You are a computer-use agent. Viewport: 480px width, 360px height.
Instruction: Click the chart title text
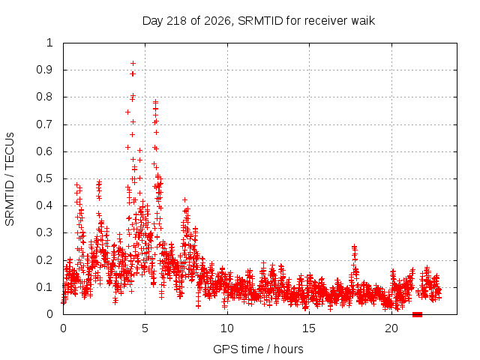click(259, 21)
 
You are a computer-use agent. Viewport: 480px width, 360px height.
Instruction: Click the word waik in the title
click(363, 21)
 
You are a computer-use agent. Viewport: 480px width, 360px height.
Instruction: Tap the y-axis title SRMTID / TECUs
click(10, 179)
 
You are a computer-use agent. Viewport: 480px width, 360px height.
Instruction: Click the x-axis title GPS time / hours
click(258, 349)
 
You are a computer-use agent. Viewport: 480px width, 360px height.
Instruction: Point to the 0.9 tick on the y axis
click(45, 70)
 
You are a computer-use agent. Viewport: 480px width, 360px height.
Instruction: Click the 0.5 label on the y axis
click(45, 178)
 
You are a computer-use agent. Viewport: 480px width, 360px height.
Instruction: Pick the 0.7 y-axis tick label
click(45, 124)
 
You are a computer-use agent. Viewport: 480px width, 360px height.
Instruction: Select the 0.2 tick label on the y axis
click(45, 260)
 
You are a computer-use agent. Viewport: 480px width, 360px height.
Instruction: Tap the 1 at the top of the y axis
click(49, 43)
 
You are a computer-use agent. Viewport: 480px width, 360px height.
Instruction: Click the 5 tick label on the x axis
click(145, 328)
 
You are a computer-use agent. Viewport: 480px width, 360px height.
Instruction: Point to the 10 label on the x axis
click(227, 328)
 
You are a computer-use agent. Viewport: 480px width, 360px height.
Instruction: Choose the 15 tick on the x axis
click(309, 328)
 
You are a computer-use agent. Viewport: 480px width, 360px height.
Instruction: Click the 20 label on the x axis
click(391, 328)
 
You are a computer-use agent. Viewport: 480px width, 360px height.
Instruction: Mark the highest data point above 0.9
click(133, 63)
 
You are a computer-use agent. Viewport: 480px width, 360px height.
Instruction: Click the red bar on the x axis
click(417, 314)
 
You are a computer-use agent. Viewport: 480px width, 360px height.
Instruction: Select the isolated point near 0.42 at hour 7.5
click(184, 200)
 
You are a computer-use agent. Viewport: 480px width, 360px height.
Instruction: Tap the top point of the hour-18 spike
click(354, 246)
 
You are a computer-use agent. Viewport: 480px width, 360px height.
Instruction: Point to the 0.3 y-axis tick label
click(45, 232)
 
